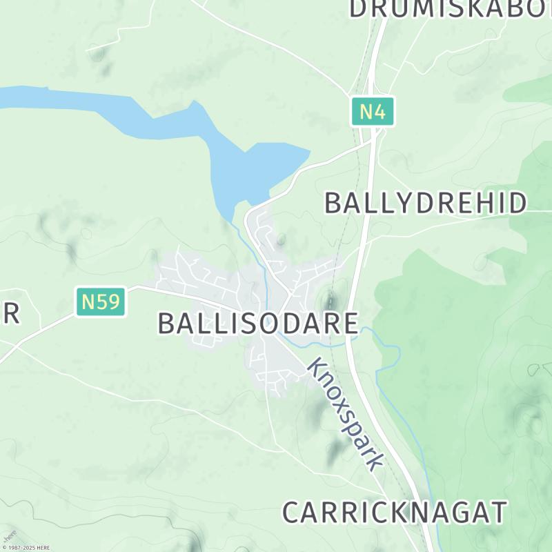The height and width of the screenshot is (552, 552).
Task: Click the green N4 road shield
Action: pos(373,112)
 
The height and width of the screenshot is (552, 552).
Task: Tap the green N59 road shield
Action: pos(101,302)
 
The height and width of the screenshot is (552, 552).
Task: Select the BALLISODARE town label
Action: pos(258,323)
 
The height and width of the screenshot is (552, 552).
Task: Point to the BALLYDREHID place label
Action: pos(426,204)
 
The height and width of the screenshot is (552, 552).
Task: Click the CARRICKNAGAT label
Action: pos(395,513)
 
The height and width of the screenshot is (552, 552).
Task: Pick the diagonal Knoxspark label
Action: pos(345,413)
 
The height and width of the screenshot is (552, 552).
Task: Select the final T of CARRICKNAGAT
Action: pos(498,513)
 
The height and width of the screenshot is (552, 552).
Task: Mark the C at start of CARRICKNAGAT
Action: pos(292,513)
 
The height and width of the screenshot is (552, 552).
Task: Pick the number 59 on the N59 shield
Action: pos(109,302)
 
